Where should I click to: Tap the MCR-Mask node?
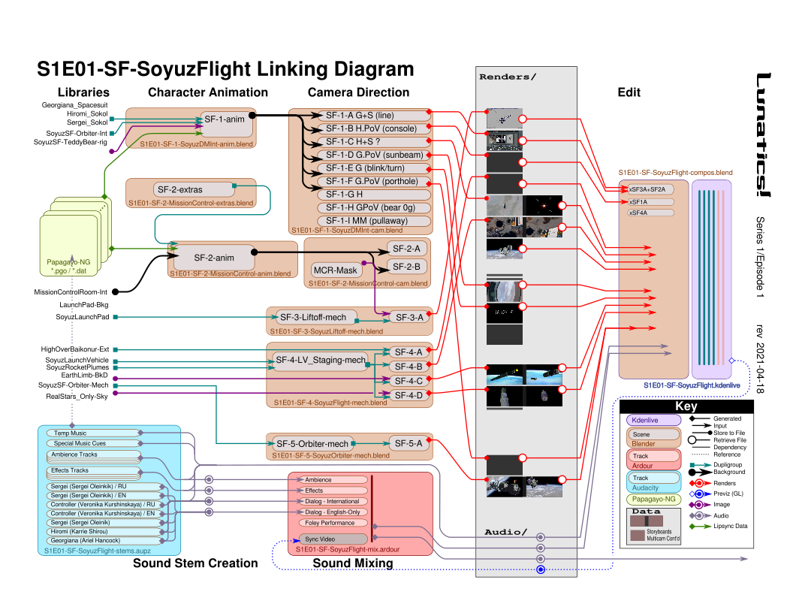[335, 270]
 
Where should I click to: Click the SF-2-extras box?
[179, 189]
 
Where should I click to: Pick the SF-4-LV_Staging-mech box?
[321, 361]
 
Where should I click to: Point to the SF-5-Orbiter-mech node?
[312, 443]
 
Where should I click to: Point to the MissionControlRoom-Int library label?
[72, 292]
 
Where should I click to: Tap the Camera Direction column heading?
[359, 92]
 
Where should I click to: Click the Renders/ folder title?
[508, 76]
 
